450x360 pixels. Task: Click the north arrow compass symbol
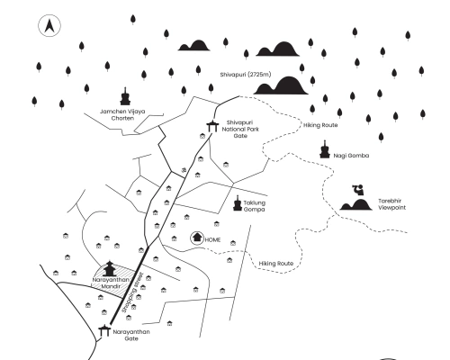click(x=49, y=27)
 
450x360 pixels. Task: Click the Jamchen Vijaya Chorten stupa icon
click(x=126, y=96)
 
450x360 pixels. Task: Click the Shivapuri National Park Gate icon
click(x=212, y=127)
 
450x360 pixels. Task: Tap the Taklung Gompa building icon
click(x=237, y=202)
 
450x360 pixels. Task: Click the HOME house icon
click(x=197, y=238)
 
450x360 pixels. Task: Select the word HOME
click(x=213, y=240)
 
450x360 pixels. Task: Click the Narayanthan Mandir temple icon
click(x=111, y=269)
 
